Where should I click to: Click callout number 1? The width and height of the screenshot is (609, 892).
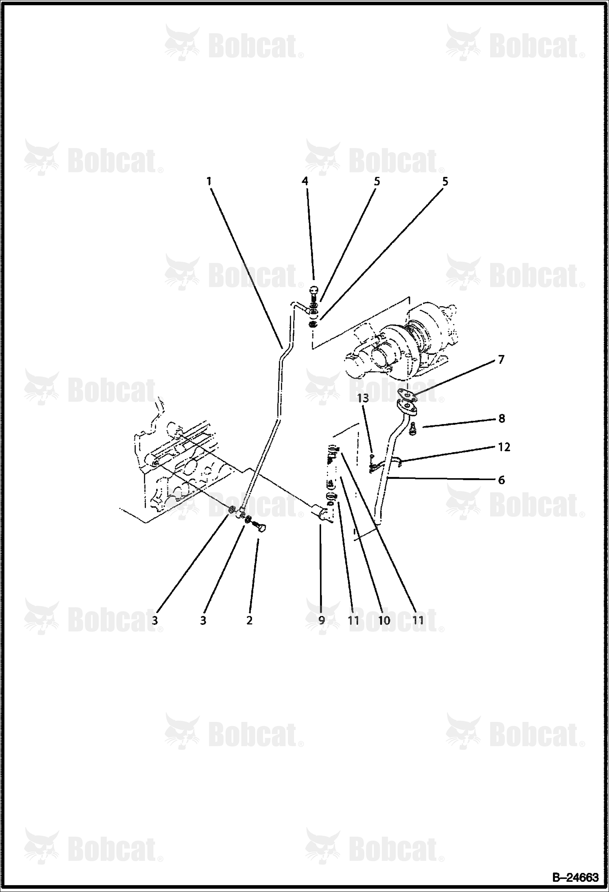(x=209, y=181)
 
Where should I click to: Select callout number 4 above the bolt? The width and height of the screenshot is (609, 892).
(x=305, y=181)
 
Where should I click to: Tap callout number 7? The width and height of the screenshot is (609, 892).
(x=501, y=360)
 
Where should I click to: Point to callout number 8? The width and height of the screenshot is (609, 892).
(x=502, y=418)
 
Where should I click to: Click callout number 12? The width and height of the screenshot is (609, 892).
(x=504, y=447)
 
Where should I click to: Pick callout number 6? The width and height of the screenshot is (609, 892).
(x=502, y=480)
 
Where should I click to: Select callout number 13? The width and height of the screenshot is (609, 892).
(x=363, y=398)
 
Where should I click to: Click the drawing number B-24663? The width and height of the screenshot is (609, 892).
(x=575, y=878)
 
